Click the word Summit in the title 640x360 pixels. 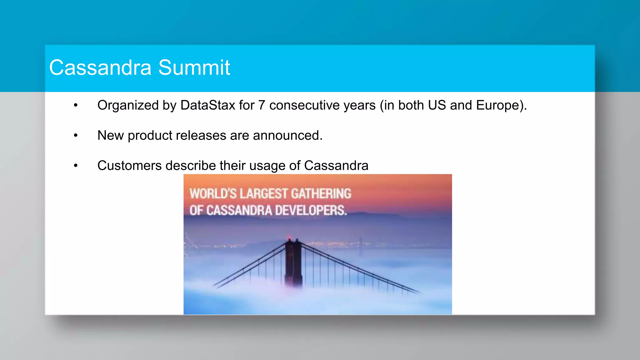click(x=194, y=67)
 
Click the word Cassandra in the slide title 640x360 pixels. click(x=100, y=67)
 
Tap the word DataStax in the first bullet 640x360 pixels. click(x=207, y=105)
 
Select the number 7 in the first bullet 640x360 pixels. click(x=262, y=105)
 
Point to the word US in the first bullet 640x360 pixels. click(x=437, y=105)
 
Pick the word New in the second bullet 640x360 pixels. click(x=110, y=136)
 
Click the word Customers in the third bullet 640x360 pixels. click(x=129, y=166)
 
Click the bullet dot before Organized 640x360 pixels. click(x=76, y=106)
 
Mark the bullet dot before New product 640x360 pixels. click(x=76, y=136)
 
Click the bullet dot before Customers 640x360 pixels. click(x=76, y=166)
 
